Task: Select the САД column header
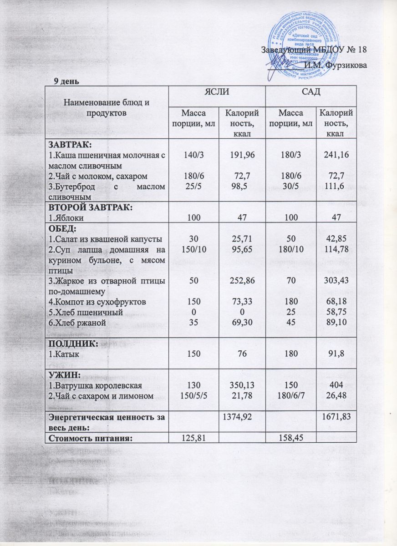[311, 93]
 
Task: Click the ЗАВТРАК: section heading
[71, 145]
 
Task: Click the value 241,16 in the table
[337, 155]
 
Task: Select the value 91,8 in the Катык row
[337, 354]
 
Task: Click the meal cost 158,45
[291, 437]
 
